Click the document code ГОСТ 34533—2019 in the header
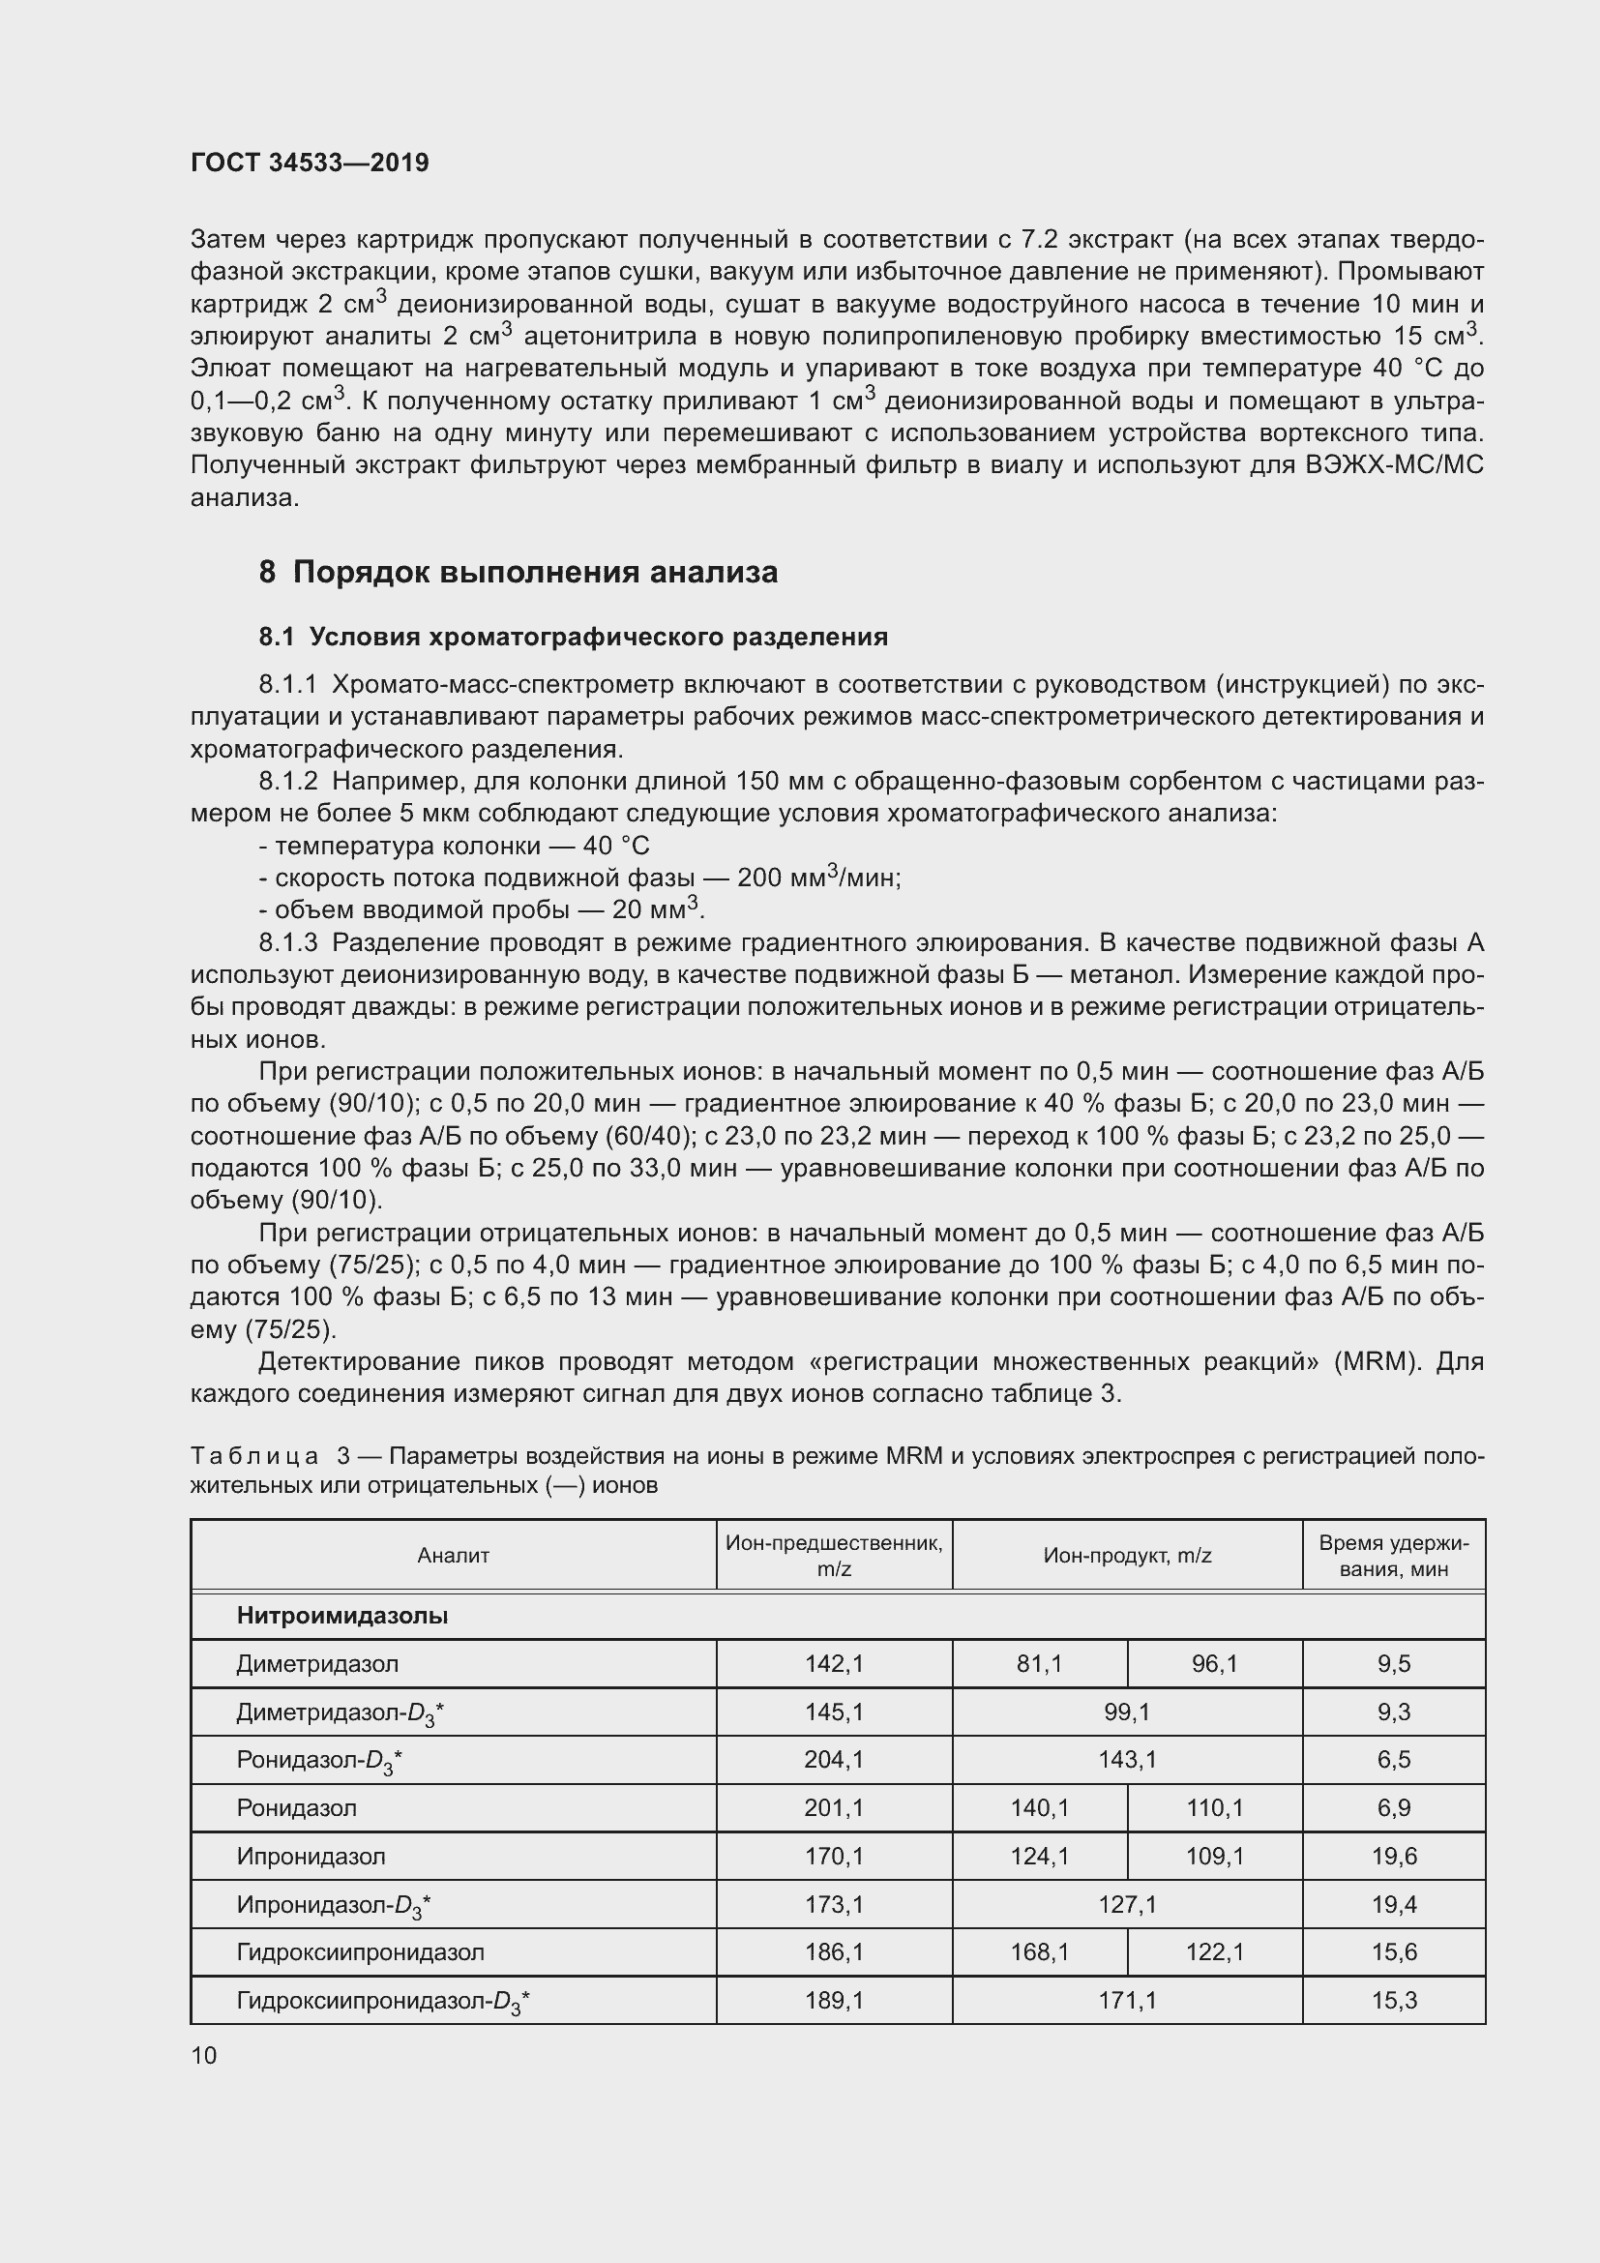(x=310, y=163)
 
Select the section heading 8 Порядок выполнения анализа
(x=519, y=572)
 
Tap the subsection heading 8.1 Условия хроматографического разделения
(x=574, y=637)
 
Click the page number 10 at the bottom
(x=204, y=2055)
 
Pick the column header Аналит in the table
(x=453, y=1556)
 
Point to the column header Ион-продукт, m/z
(x=1127, y=1556)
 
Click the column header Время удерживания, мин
(x=1393, y=1556)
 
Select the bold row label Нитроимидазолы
(x=341, y=1616)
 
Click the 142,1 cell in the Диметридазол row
(x=834, y=1664)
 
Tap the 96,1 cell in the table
(x=1214, y=1664)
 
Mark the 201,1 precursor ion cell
(x=834, y=1807)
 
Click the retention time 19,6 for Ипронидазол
(x=1393, y=1856)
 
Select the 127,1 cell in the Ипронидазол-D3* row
(x=1127, y=1904)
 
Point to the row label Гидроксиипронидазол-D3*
(x=383, y=2001)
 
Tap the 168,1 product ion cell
(x=1039, y=1951)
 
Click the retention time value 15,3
(x=1393, y=2000)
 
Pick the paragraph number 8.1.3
(x=287, y=943)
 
